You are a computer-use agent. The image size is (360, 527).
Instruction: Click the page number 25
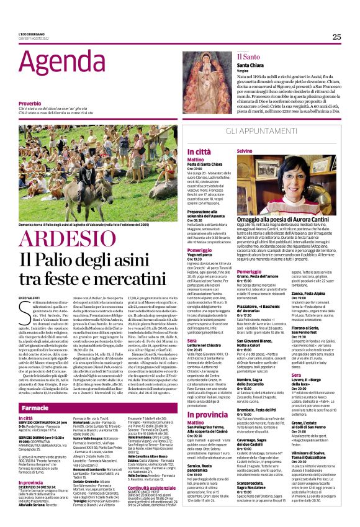(x=336, y=37)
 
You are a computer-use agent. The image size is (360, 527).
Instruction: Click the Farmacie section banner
(x=35, y=408)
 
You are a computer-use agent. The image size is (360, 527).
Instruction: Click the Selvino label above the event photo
(x=245, y=151)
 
